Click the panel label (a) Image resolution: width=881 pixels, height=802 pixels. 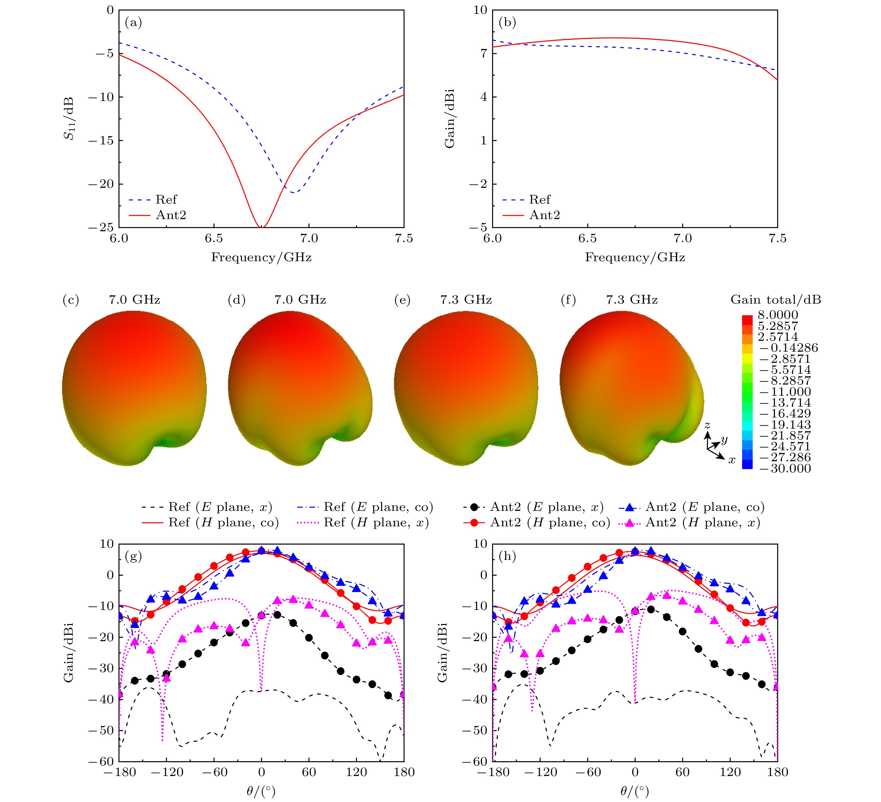click(x=133, y=22)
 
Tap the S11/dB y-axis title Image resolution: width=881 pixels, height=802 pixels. click(x=69, y=118)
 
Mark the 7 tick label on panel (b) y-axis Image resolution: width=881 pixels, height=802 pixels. click(x=483, y=53)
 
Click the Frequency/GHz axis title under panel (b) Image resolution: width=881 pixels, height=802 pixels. click(x=635, y=257)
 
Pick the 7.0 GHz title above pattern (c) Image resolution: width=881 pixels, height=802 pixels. click(x=134, y=300)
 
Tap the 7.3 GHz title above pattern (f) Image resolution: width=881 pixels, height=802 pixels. click(x=632, y=300)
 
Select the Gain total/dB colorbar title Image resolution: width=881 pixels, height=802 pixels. click(x=776, y=300)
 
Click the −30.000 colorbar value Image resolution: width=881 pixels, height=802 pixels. click(x=785, y=469)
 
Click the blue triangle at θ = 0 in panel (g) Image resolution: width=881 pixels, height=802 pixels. click(x=261, y=550)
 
